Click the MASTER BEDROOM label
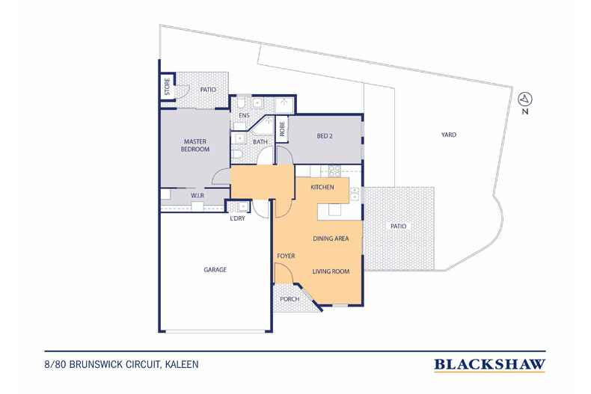[x=195, y=145]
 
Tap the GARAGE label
[x=215, y=270]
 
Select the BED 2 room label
[x=325, y=136]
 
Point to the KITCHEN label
[x=322, y=187]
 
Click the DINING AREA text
[x=331, y=238]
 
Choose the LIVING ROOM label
[x=331, y=271]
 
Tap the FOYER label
[x=286, y=256]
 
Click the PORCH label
[x=290, y=299]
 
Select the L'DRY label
[x=237, y=218]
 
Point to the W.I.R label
[x=197, y=195]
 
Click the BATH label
[x=260, y=142]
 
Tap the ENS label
[x=244, y=115]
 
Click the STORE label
[x=168, y=87]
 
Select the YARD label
[x=449, y=135]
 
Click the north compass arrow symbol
[x=525, y=99]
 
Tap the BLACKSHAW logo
[x=489, y=365]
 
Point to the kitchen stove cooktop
[x=334, y=171]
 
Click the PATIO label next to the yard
[x=399, y=227]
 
